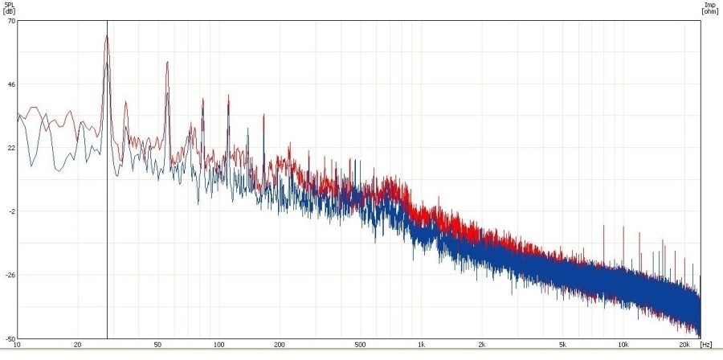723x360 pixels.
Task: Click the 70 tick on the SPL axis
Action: click(12, 21)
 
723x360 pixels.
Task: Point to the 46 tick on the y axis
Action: click(12, 84)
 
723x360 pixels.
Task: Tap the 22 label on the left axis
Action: click(12, 148)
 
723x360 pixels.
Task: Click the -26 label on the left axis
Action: click(10, 275)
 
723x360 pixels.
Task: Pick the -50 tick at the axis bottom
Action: click(10, 338)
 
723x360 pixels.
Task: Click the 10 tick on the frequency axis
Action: click(17, 345)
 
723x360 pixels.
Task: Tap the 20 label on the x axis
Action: click(78, 345)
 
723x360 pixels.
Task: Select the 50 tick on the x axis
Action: click(158, 345)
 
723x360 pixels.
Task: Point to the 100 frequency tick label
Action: click(219, 345)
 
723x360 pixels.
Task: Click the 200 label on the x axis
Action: click(280, 345)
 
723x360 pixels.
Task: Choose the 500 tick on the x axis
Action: click(360, 345)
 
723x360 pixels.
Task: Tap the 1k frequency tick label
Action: click(421, 345)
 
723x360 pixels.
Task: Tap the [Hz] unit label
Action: click(705, 345)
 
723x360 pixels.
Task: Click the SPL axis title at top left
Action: click(8, 7)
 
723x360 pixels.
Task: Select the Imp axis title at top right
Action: click(710, 7)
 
